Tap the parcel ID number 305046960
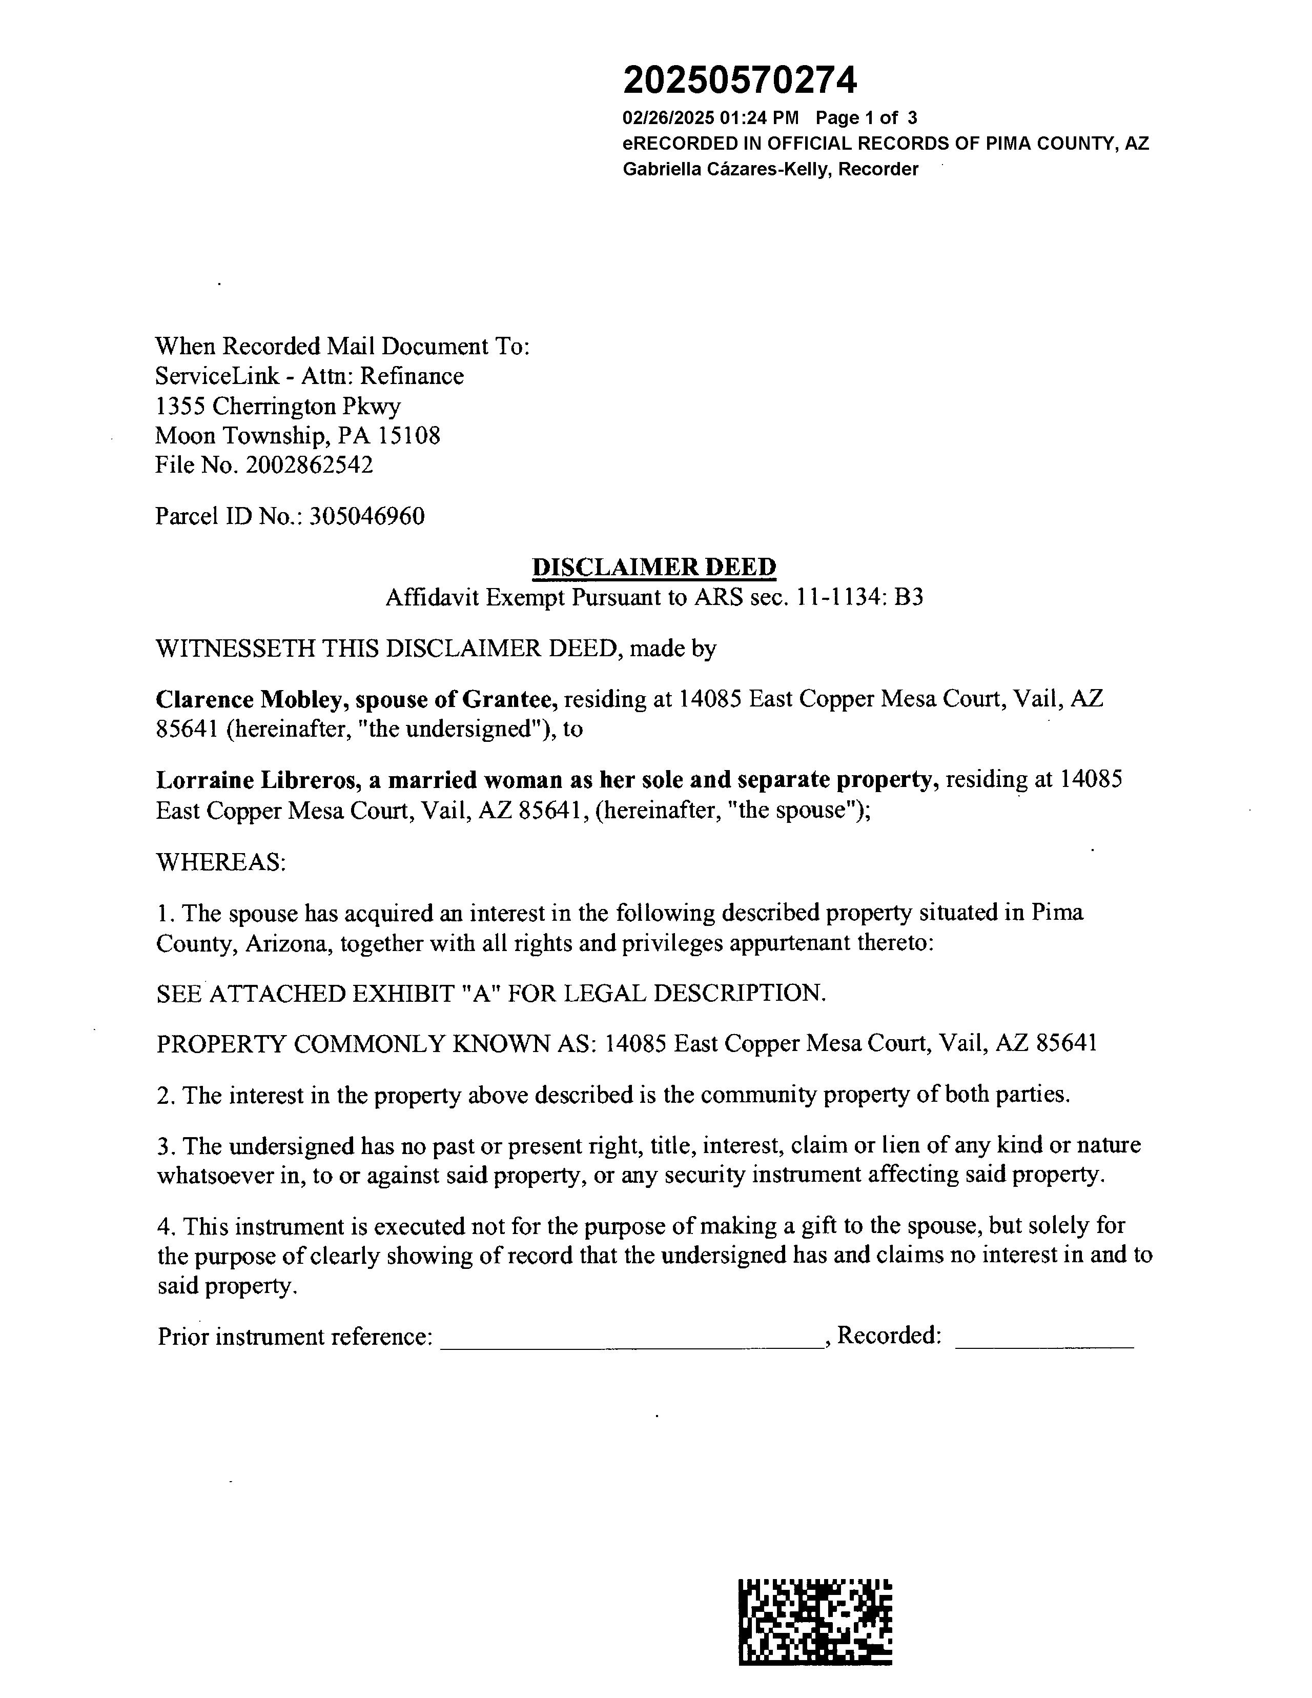367,516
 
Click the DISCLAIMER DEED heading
653,567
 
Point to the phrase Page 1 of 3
866,118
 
